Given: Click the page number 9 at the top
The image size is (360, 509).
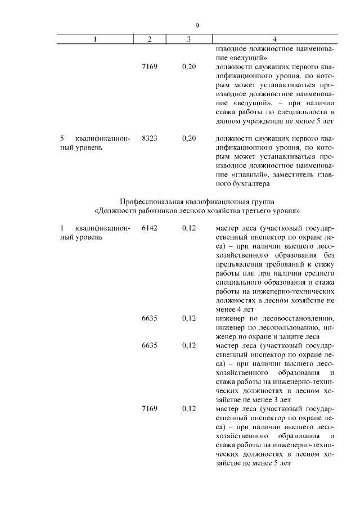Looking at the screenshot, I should tap(197, 25).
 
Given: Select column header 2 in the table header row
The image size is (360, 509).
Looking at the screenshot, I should tap(149, 39).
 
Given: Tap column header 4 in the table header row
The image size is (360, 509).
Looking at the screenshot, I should tap(274, 39).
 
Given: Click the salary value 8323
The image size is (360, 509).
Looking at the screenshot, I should tap(150, 138).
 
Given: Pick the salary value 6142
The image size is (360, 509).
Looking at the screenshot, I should tap(150, 228).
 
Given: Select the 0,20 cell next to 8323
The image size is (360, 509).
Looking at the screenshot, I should tap(189, 138).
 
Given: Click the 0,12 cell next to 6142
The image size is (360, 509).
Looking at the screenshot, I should tap(189, 228).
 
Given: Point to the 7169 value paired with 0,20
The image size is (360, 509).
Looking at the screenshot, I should tap(150, 66).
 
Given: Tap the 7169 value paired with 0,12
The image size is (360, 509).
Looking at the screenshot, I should tap(150, 408).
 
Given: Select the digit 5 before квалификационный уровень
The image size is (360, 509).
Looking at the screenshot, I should tap(62, 138).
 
